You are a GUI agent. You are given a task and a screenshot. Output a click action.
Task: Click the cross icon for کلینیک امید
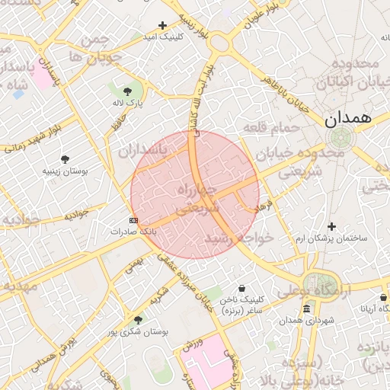coord(161,26)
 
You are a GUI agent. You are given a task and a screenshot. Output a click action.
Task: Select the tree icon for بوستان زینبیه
coord(66,159)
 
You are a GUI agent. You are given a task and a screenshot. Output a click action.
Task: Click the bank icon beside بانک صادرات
coord(134,220)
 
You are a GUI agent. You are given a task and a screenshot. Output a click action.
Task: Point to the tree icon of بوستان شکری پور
coord(138,320)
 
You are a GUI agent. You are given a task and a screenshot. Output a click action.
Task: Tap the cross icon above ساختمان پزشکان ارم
coord(331,226)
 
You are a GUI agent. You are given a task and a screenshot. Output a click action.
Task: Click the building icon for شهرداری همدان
coord(306,308)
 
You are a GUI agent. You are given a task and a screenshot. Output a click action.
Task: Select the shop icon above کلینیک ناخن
coord(241,288)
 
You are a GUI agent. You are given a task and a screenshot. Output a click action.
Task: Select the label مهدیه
coord(18,286)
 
